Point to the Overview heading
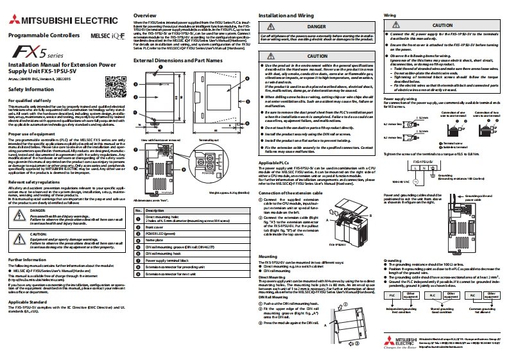click(x=144, y=14)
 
